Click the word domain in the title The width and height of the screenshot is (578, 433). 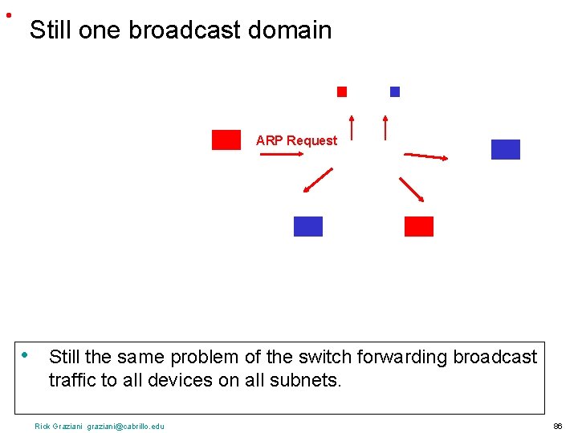(x=290, y=30)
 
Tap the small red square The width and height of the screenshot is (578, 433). (x=342, y=91)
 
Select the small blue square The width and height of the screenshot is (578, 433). (x=394, y=91)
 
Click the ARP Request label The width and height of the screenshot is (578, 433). (x=296, y=140)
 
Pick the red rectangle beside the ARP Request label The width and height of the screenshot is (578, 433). (x=226, y=140)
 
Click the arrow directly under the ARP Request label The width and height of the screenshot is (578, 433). (x=280, y=156)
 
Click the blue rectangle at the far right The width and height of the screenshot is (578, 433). (x=505, y=149)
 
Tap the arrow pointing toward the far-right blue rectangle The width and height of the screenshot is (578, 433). (x=425, y=156)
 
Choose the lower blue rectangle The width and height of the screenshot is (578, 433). (x=308, y=226)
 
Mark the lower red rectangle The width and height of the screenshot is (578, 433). (x=418, y=226)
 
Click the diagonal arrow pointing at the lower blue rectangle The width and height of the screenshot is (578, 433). (x=318, y=180)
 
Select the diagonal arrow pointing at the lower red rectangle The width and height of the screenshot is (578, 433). (x=412, y=188)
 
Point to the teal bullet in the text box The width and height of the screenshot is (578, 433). (x=26, y=354)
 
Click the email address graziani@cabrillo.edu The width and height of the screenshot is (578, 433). (x=125, y=426)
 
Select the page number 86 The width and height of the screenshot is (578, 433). (x=557, y=426)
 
